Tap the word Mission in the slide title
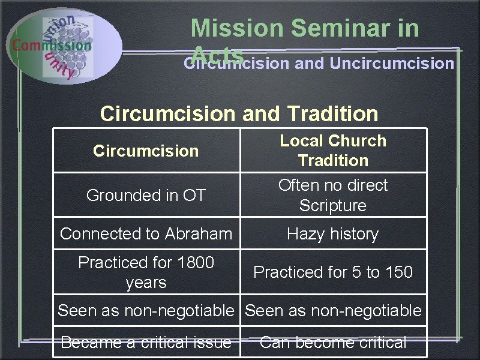(x=236, y=28)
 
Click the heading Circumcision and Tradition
(x=239, y=113)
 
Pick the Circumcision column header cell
(x=146, y=151)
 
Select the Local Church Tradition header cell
(x=333, y=151)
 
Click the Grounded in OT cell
(x=146, y=195)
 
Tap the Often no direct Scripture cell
(x=333, y=195)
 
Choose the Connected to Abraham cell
(x=146, y=233)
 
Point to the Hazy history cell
(x=333, y=233)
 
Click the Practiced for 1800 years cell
(x=146, y=272)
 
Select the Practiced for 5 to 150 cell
(x=333, y=272)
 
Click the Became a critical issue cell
(x=146, y=343)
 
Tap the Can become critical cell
(x=333, y=343)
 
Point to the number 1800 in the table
(x=195, y=263)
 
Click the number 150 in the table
(x=398, y=272)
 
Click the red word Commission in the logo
(x=52, y=45)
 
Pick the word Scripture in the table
(x=333, y=205)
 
